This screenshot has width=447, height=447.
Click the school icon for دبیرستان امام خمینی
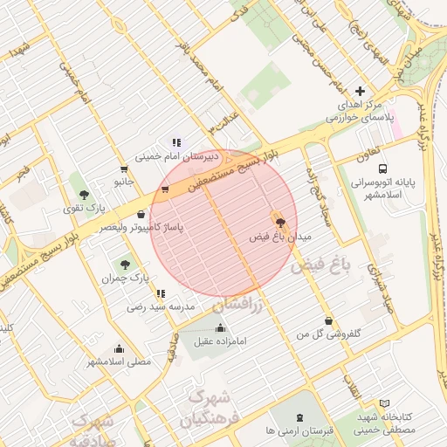click(x=175, y=141)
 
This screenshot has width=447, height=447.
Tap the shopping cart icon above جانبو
click(x=124, y=168)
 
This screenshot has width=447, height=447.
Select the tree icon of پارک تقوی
click(x=84, y=195)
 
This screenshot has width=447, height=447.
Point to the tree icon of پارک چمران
click(x=127, y=264)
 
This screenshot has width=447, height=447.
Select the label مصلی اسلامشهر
click(x=119, y=361)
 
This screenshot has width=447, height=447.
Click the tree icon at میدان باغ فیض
click(x=279, y=222)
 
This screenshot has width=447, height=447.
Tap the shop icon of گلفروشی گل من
click(x=328, y=320)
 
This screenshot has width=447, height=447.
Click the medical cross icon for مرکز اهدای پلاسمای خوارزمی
click(x=360, y=92)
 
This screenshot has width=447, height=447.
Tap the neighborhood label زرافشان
click(x=236, y=305)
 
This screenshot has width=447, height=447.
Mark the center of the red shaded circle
click(x=224, y=223)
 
